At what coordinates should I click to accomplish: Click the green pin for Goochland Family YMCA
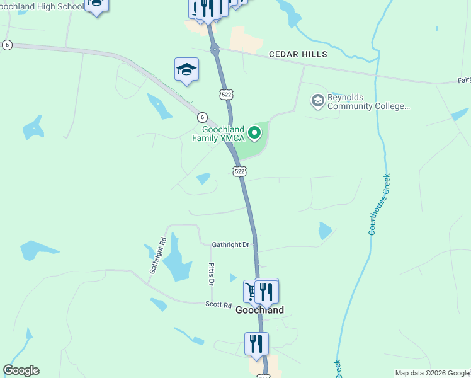pyautogui.click(x=254, y=132)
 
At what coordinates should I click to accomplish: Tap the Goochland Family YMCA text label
pyautogui.click(x=224, y=134)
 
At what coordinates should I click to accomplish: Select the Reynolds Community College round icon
pyautogui.click(x=317, y=100)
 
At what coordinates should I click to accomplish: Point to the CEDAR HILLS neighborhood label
pyautogui.click(x=298, y=55)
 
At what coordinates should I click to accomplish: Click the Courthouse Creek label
pyautogui.click(x=380, y=204)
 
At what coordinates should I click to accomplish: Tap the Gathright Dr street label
pyautogui.click(x=230, y=244)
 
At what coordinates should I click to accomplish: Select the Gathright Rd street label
pyautogui.click(x=157, y=255)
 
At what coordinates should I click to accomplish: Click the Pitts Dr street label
pyautogui.click(x=211, y=273)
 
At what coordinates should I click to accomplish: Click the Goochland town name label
pyautogui.click(x=259, y=310)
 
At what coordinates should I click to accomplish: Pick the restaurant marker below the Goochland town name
pyautogui.click(x=256, y=343)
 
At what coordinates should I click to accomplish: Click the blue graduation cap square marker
pyautogui.click(x=186, y=69)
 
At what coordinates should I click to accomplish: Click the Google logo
pyautogui.click(x=21, y=370)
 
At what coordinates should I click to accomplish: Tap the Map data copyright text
pyautogui.click(x=433, y=373)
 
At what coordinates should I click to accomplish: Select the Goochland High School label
pyautogui.click(x=41, y=6)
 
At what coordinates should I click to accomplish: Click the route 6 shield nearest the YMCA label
pyautogui.click(x=201, y=117)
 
